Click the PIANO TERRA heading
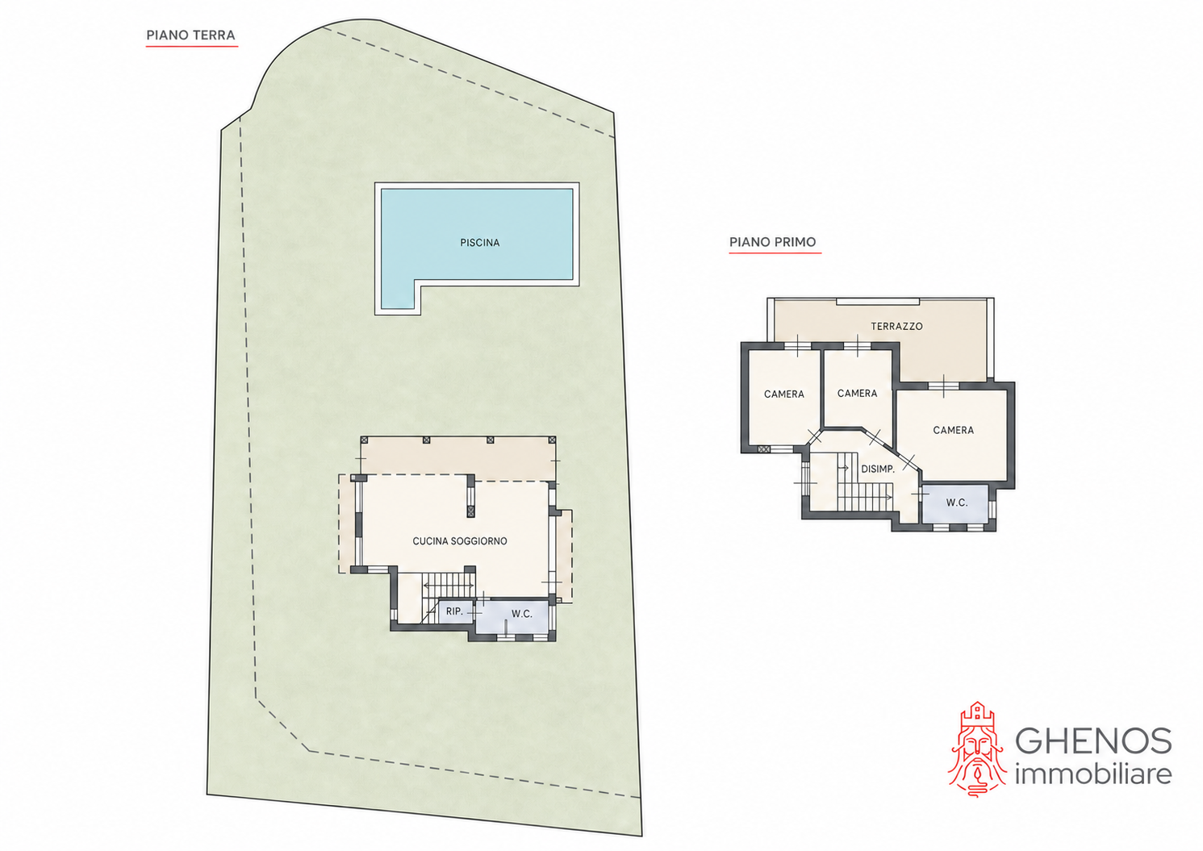pyautogui.click(x=190, y=35)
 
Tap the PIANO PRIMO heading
pyautogui.click(x=772, y=242)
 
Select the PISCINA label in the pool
pyautogui.click(x=479, y=243)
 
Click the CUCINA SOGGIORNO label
pyautogui.click(x=460, y=541)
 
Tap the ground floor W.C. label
pyautogui.click(x=521, y=614)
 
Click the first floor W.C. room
pyautogui.click(x=954, y=503)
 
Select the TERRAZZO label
pyautogui.click(x=896, y=327)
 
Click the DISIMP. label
pyautogui.click(x=878, y=469)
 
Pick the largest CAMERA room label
pyautogui.click(x=953, y=430)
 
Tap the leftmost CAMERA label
pyautogui.click(x=784, y=394)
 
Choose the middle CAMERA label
pyautogui.click(x=857, y=394)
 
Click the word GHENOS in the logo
pyautogui.click(x=1093, y=741)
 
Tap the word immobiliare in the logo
pyautogui.click(x=1093, y=774)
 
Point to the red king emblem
pyautogui.click(x=977, y=749)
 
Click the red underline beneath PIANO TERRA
pyautogui.click(x=192, y=47)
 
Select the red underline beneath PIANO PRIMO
pyautogui.click(x=775, y=252)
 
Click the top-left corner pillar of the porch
pyautogui.click(x=364, y=440)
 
